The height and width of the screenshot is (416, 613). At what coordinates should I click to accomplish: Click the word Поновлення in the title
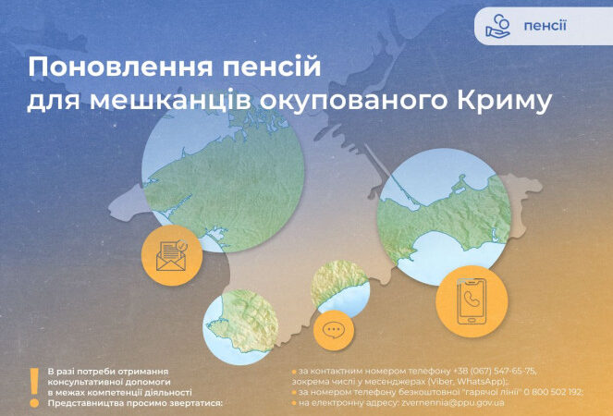pos(120,67)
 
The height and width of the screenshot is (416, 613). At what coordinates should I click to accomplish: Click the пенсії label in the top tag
pos(545,26)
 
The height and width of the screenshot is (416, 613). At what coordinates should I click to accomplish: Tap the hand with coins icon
pos(497,26)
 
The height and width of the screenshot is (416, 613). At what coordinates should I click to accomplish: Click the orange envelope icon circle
pos(172,255)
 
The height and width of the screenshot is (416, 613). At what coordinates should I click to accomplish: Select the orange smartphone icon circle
pos(472,301)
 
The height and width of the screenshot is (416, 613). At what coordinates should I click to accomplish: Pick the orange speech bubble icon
pos(334,330)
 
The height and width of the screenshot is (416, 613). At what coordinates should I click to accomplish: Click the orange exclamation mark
pos(34,387)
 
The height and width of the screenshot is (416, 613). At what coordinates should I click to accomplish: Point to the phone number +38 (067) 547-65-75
pos(494,371)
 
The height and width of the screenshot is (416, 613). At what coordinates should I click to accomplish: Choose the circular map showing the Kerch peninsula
pos(444,217)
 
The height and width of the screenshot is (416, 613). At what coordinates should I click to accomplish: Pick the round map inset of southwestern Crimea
pos(240,327)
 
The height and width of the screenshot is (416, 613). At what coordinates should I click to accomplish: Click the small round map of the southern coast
pos(340,288)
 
